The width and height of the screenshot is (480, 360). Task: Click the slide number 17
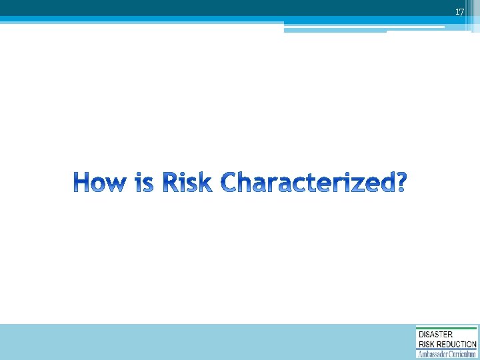pyautogui.click(x=459, y=12)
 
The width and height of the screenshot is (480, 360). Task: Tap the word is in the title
pyautogui.click(x=143, y=182)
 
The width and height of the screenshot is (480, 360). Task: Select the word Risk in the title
pyautogui.click(x=187, y=182)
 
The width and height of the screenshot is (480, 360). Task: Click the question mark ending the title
pyautogui.click(x=399, y=182)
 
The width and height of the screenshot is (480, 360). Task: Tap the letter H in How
pyautogui.click(x=82, y=182)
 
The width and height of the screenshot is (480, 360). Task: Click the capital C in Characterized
pyautogui.click(x=230, y=182)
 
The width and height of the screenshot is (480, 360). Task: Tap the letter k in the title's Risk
pyautogui.click(x=205, y=182)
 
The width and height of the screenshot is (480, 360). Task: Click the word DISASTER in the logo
pyautogui.click(x=435, y=335)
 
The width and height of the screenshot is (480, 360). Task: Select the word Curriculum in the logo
pyautogui.click(x=462, y=355)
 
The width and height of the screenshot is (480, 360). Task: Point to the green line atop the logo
pyautogui.click(x=447, y=328)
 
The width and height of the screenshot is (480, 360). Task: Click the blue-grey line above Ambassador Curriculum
pyautogui.click(x=447, y=349)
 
